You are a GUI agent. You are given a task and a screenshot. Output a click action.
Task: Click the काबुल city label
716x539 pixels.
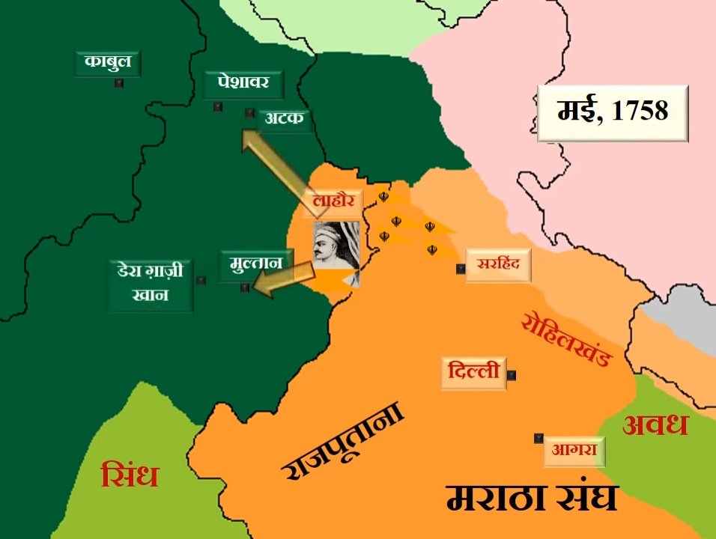(108, 62)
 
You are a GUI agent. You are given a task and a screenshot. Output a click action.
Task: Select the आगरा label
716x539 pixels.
(574, 451)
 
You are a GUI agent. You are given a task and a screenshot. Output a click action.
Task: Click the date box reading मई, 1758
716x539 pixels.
(612, 113)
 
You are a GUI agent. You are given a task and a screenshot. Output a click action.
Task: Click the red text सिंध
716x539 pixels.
(130, 475)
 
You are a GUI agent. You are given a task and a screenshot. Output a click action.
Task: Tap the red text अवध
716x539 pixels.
(655, 425)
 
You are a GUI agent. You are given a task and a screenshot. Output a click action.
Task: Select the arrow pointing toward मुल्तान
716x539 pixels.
(285, 278)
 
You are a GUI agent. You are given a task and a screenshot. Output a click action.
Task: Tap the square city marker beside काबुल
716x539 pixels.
(118, 84)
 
